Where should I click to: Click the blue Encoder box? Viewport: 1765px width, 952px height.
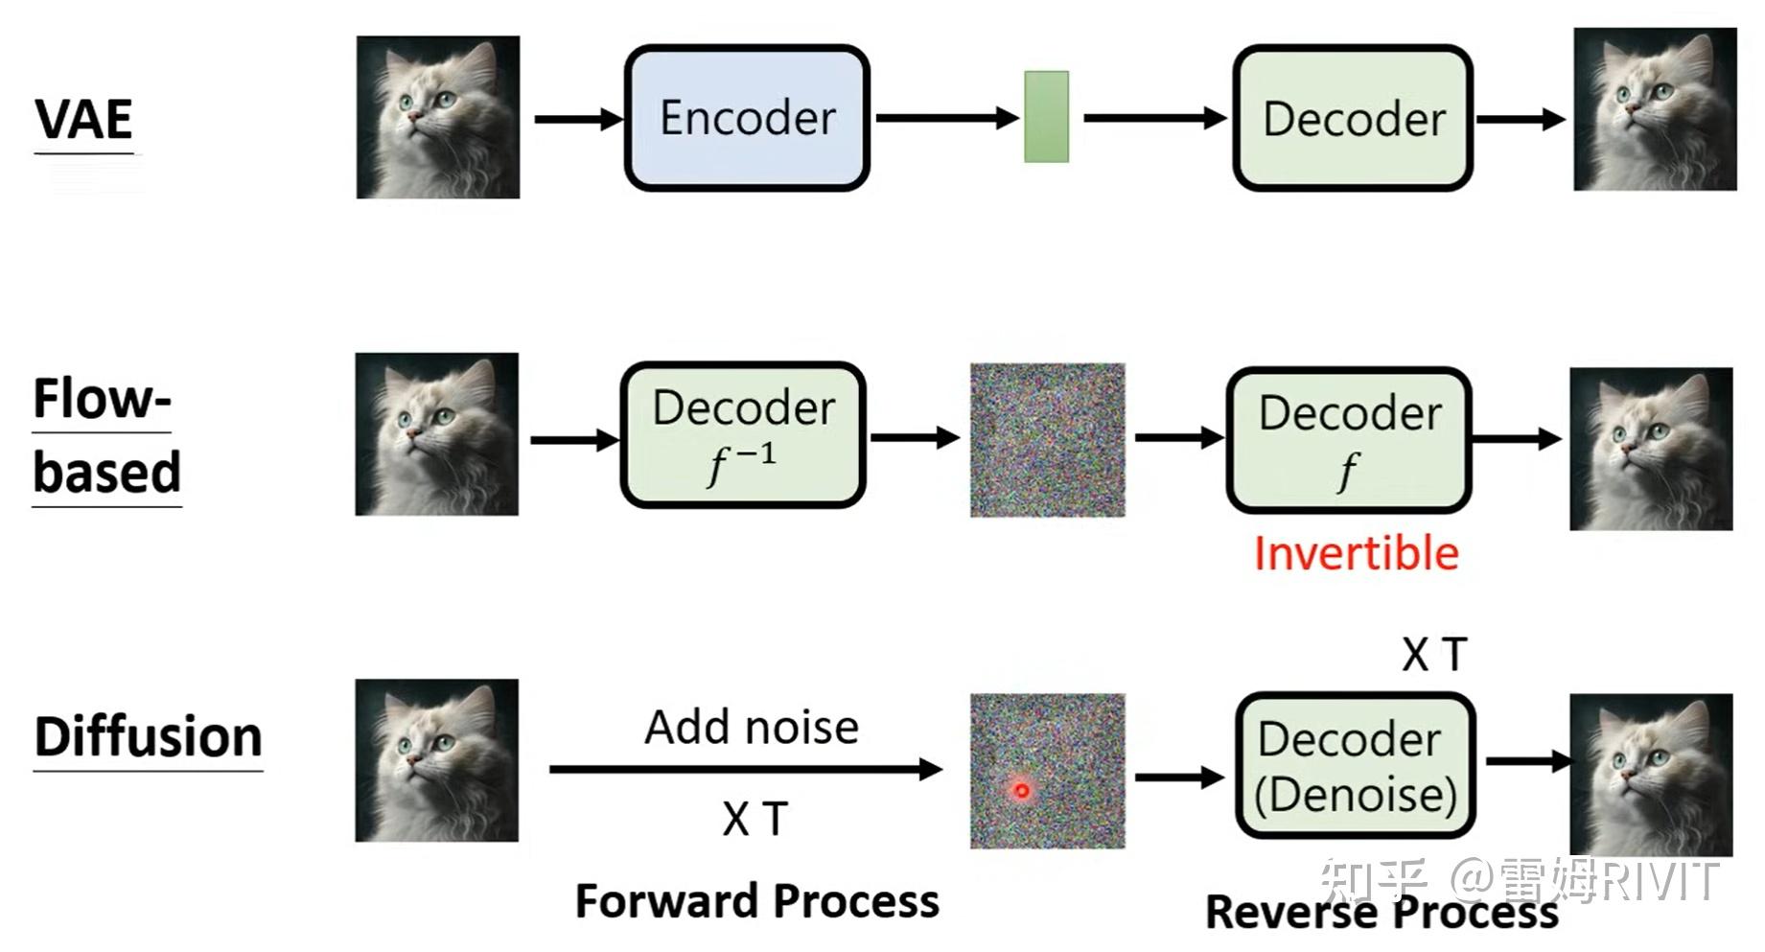coord(747,118)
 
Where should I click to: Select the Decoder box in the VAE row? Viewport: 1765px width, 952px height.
coord(1352,119)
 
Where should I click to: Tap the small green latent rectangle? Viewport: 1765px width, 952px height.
coord(1046,117)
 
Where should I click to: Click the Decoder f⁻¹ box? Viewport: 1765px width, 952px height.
coord(743,435)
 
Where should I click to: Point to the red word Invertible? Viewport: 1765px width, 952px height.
coord(1356,554)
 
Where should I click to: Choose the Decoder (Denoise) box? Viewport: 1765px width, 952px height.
coord(1355,766)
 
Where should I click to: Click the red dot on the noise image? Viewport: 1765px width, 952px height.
coord(1022,791)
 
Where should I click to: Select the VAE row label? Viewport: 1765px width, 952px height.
coord(84,120)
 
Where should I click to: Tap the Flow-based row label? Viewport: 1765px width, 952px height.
coord(105,435)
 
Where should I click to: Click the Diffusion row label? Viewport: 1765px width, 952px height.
coord(149,736)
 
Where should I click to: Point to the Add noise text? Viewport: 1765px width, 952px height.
coord(752,727)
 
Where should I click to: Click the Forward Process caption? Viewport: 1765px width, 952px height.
coord(757,901)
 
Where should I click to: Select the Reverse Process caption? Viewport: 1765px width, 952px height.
coord(1381,912)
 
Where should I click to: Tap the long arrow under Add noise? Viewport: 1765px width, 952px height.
coord(745,769)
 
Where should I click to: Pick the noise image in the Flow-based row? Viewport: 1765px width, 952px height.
coord(1047,440)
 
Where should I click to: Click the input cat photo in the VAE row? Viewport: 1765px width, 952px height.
coord(438,118)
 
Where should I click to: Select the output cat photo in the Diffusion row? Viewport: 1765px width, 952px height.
coord(1650,775)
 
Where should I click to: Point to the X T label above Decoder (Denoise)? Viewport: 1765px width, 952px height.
coord(1434,656)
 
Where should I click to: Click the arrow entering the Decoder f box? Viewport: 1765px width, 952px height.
coord(1178,438)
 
